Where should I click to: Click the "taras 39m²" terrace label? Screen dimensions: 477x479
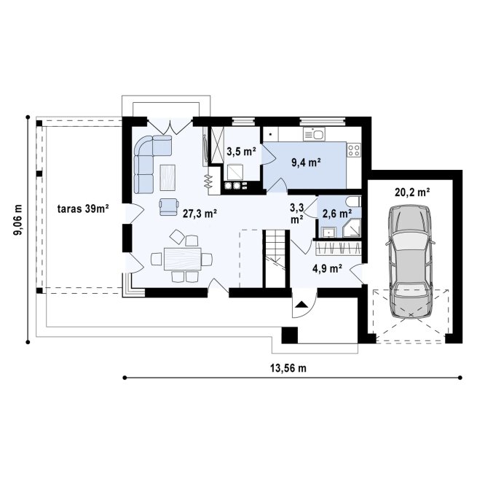[x=83, y=209]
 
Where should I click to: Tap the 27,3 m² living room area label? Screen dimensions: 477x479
[x=200, y=214]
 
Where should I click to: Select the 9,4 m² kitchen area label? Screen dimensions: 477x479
[x=306, y=163]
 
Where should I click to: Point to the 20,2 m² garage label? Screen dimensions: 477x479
[x=412, y=192]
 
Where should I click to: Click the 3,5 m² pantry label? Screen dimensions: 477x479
[x=241, y=151]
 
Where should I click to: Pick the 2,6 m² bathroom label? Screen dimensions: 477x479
[x=336, y=214]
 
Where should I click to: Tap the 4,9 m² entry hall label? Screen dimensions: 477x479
[x=327, y=268]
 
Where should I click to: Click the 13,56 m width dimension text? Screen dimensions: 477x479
[x=288, y=368]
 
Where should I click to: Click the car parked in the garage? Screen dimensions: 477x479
[x=411, y=262]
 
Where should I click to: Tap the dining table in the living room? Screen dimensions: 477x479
[x=183, y=259]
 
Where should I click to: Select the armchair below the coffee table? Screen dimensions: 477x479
[x=168, y=207]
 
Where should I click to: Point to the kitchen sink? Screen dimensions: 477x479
[x=314, y=134]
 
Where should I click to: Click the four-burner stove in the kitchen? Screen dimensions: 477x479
[x=354, y=150]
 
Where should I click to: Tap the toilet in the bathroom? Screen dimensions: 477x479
[x=354, y=202]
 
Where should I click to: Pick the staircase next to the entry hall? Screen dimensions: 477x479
[x=276, y=259]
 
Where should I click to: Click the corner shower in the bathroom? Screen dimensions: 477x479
[x=352, y=228]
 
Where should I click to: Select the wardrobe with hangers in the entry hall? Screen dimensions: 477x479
[x=338, y=249]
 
